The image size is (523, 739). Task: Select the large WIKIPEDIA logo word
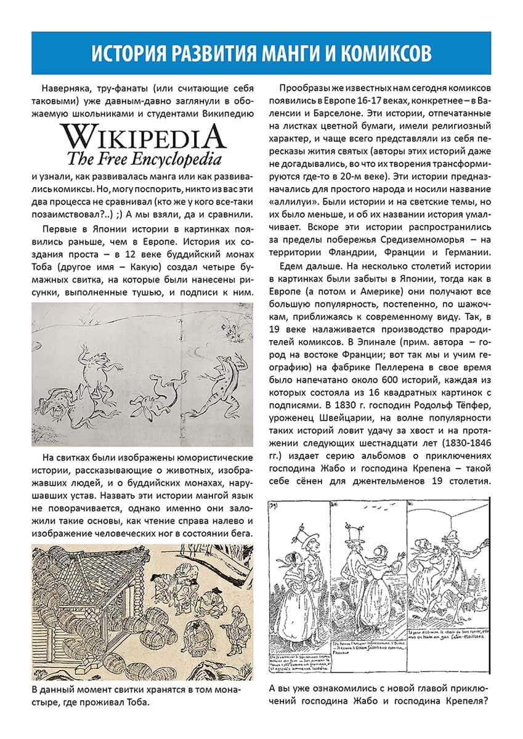pyautogui.click(x=143, y=137)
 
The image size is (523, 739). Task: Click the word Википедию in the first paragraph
pyautogui.click(x=222, y=114)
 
